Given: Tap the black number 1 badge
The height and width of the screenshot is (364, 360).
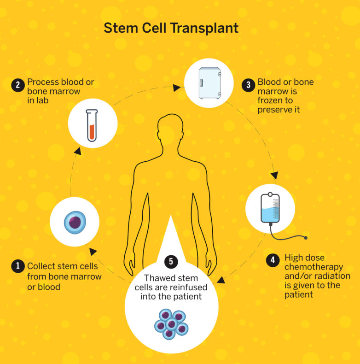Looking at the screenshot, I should coord(18,266).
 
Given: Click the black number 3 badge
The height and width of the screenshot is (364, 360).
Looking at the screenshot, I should coord(249,85).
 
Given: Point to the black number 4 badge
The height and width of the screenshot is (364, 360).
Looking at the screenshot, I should coord(273,260).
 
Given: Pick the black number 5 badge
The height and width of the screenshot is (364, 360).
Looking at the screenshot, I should coord(171,262).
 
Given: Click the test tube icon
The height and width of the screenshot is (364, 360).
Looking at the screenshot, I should coord(93,124).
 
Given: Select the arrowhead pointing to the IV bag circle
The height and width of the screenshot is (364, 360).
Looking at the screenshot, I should coord(274,175).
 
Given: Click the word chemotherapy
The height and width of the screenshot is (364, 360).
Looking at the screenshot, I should coord(314,267).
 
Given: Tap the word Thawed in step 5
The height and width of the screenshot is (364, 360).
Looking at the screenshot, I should coord(158,278).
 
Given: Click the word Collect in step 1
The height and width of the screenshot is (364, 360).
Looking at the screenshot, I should coord(41,266).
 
